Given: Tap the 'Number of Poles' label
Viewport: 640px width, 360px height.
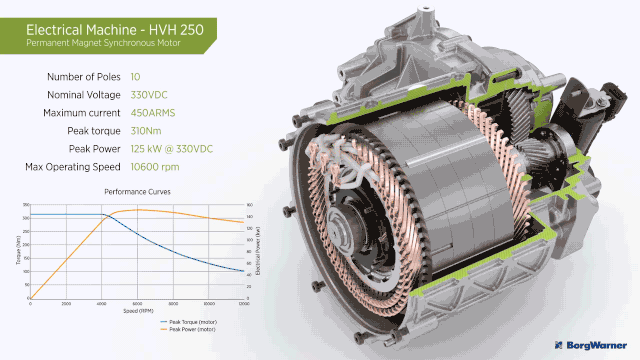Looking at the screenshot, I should [84, 76].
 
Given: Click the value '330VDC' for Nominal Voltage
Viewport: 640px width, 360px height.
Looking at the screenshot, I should [150, 94].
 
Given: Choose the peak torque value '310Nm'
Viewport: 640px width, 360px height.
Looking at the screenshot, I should [147, 130].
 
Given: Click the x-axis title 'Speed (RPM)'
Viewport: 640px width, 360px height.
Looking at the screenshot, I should [138, 310].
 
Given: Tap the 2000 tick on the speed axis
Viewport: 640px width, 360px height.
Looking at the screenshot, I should [66, 304].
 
